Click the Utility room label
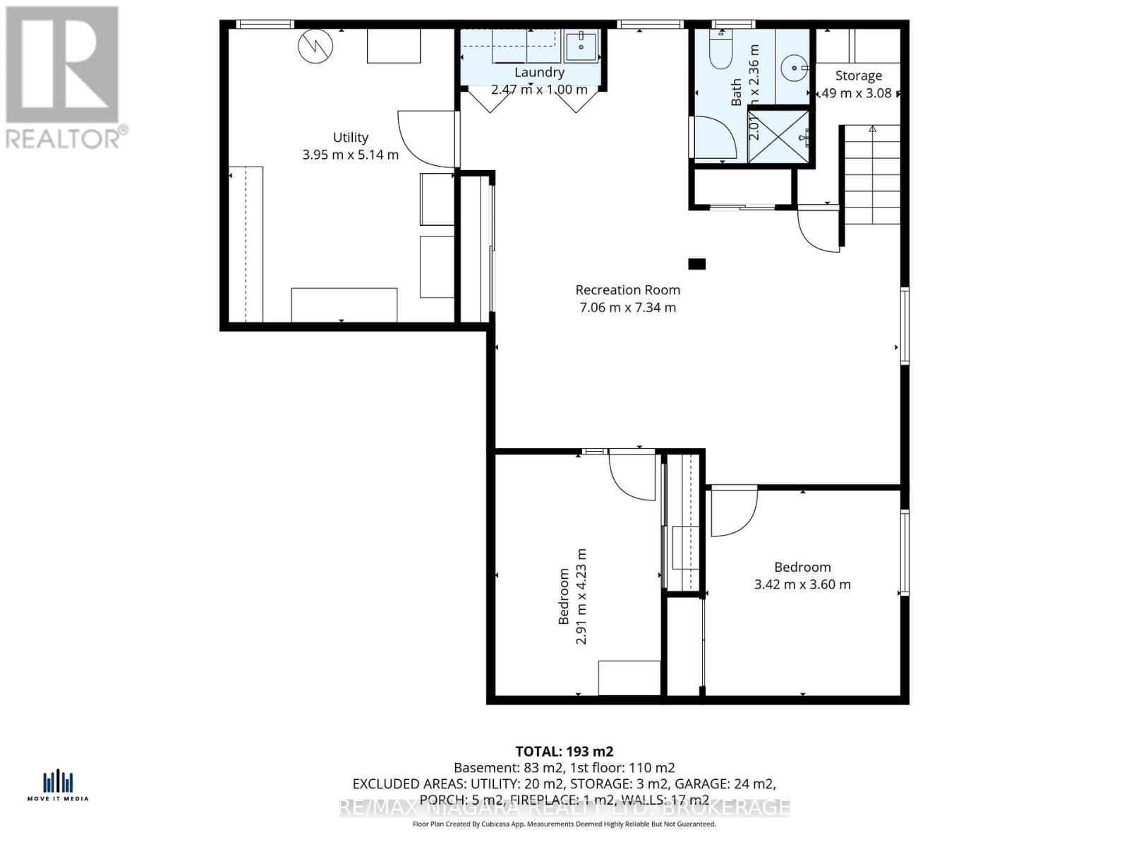(x=350, y=138)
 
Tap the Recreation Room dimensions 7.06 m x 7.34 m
(x=627, y=307)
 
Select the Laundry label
(x=539, y=72)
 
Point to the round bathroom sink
(x=795, y=68)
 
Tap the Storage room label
(x=858, y=76)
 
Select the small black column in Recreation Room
(x=696, y=264)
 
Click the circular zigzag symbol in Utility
(x=315, y=47)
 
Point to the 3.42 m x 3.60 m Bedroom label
(x=802, y=575)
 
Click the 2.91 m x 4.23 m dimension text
(x=581, y=596)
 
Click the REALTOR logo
(x=64, y=78)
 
